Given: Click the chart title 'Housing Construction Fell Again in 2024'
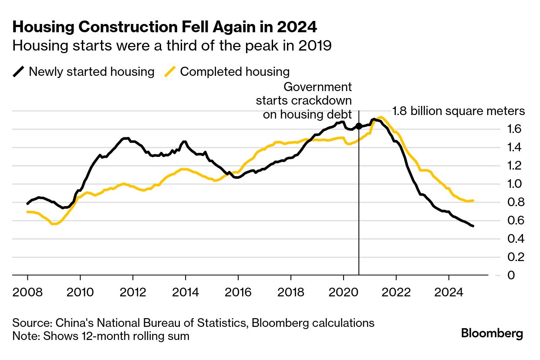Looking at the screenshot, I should coord(165,27).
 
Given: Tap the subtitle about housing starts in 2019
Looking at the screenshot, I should coord(172,46).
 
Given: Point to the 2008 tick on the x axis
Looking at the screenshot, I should coord(27,291).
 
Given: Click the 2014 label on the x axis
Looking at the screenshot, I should coord(186,291).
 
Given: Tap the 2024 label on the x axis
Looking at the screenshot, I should coord(449,291).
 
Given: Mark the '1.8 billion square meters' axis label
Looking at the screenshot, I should coord(459,111).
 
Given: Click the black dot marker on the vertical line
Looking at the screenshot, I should coord(359,126).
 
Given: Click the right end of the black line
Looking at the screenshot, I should coord(473,226).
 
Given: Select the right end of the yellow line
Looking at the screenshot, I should coord(473,200).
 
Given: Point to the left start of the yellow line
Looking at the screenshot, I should coord(27,212).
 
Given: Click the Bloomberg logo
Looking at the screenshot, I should coord(492,334).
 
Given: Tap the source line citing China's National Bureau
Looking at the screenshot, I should coord(193,323).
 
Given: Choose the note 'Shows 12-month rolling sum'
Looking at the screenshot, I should coord(101,336).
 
